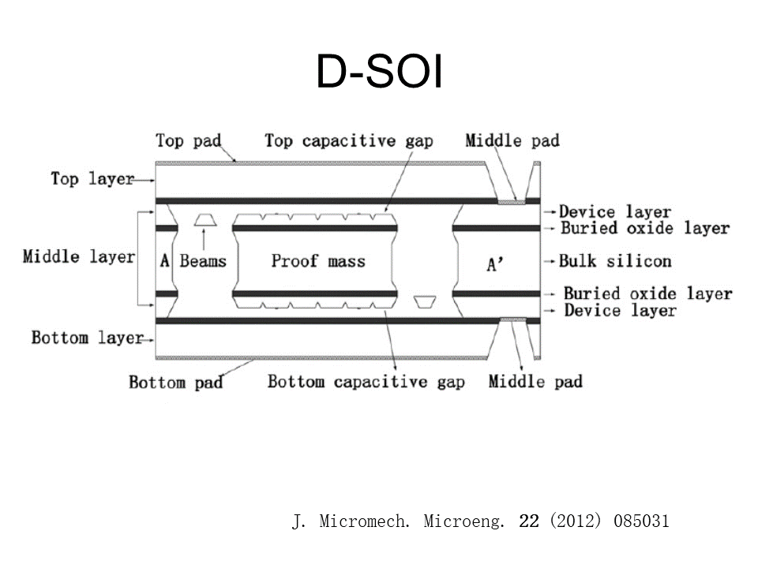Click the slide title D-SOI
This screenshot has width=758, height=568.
(x=379, y=73)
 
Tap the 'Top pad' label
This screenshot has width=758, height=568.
(x=188, y=141)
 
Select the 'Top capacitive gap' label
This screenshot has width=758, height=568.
(x=349, y=141)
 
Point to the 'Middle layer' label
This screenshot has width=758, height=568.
(x=78, y=257)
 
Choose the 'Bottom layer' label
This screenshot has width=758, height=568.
(x=87, y=338)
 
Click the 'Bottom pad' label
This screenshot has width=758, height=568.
(x=175, y=383)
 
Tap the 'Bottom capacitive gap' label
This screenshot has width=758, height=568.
(x=366, y=383)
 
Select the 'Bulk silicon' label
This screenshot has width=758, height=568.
(x=615, y=261)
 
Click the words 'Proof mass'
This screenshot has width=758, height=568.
(x=318, y=260)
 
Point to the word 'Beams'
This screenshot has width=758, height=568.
(x=203, y=261)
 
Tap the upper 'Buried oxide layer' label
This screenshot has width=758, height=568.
(x=644, y=229)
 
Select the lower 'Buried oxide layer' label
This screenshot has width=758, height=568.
(x=647, y=294)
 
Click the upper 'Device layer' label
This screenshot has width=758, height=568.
(x=615, y=212)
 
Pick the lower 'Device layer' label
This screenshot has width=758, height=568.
(x=620, y=311)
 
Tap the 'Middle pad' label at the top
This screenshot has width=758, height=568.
(x=512, y=141)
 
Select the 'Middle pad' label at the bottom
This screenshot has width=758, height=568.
(x=535, y=383)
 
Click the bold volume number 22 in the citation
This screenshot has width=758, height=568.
(x=529, y=521)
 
